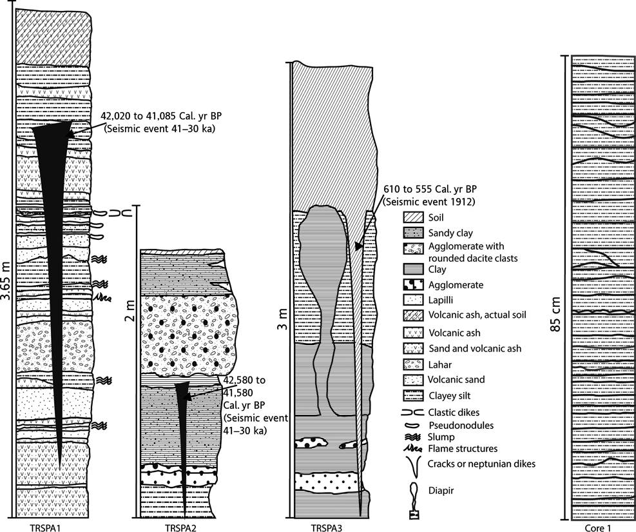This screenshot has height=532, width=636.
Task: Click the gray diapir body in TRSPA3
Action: [x=319, y=258]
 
